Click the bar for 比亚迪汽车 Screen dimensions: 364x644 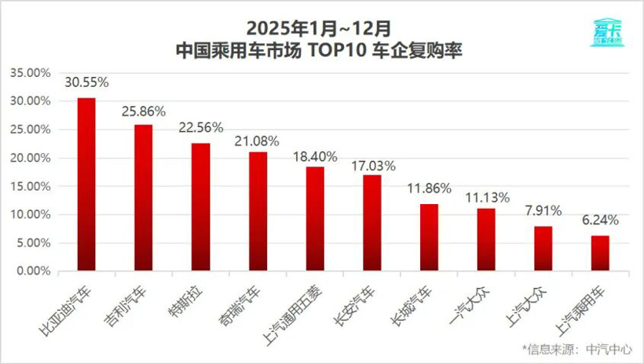click(86, 184)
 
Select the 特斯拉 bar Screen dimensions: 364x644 click(201, 207)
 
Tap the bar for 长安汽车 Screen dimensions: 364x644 click(372, 223)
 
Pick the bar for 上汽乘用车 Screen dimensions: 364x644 click(600, 253)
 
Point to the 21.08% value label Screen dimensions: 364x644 click(258, 140)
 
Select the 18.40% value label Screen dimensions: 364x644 click(315, 155)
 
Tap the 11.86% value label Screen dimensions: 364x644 click(429, 191)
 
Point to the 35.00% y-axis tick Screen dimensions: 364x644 click(30, 73)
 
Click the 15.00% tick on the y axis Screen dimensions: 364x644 click(30, 186)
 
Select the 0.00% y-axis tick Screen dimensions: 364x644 click(33, 271)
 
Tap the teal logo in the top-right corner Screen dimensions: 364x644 click(606, 32)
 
